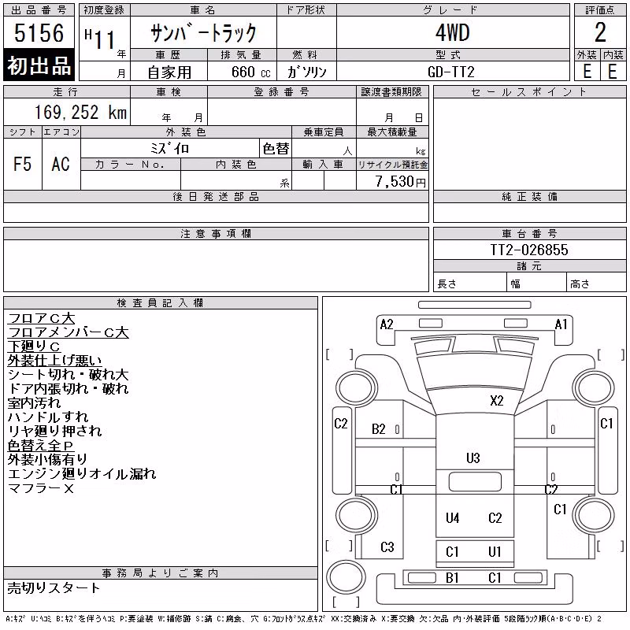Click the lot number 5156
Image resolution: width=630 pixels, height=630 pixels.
tap(39, 32)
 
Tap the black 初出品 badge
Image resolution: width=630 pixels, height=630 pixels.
tap(39, 65)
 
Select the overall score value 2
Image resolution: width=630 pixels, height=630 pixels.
tap(600, 32)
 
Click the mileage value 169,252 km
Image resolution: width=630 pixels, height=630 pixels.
tap(80, 112)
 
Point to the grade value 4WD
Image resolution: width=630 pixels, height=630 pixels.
tap(452, 32)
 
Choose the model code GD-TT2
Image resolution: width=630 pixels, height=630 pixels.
tap(450, 72)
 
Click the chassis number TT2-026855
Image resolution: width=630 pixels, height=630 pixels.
tap(529, 250)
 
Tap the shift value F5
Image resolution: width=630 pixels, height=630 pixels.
tap(23, 164)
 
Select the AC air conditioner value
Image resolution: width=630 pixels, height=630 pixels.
tap(61, 164)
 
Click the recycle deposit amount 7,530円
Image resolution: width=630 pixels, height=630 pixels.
tap(401, 181)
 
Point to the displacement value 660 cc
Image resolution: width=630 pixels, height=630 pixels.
tap(250, 72)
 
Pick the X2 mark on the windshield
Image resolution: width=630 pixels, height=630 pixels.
tap(497, 401)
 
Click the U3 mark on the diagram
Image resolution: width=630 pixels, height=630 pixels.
tap(473, 458)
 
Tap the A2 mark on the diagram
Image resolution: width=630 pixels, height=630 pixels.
tap(387, 324)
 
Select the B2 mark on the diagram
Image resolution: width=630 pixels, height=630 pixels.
tap(379, 429)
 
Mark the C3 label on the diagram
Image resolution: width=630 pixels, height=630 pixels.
tap(387, 547)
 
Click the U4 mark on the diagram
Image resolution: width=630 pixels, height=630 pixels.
tap(452, 518)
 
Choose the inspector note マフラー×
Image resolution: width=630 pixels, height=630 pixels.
tap(41, 488)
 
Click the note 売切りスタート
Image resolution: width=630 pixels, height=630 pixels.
tap(54, 588)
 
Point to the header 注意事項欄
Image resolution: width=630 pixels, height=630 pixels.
tap(216, 233)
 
